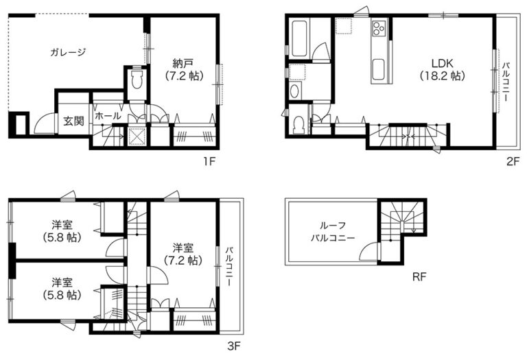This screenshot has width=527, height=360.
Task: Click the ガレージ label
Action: click(68, 52)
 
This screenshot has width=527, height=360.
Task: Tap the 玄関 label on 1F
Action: click(73, 121)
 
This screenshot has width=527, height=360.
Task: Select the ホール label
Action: click(108, 116)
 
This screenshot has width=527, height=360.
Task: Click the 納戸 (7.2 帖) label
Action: click(184, 69)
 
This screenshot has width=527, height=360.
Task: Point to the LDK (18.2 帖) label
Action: click(443, 69)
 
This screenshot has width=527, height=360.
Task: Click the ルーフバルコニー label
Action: click(333, 232)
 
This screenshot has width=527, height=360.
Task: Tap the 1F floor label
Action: click(208, 162)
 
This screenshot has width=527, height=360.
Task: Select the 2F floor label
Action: click(513, 162)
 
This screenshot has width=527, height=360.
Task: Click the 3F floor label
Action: click(234, 346)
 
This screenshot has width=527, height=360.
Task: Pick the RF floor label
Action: click(419, 277)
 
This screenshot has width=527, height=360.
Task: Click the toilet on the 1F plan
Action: click(137, 80)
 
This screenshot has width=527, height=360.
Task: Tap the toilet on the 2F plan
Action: click(298, 125)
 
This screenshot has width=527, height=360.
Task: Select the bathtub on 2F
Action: click(299, 38)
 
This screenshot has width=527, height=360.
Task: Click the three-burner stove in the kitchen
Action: click(379, 27)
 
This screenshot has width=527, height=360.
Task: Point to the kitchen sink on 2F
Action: click(379, 69)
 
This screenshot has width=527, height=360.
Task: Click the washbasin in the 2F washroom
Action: click(294, 91)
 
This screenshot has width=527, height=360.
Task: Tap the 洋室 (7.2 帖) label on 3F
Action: click(183, 254)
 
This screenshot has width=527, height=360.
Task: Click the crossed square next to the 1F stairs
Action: click(137, 136)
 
